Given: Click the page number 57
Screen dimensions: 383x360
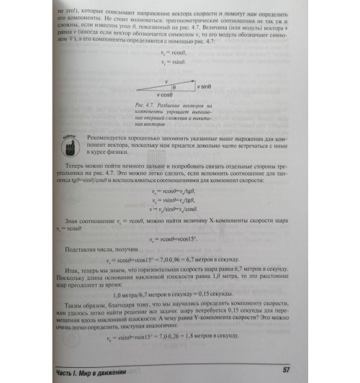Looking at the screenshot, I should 285,369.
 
